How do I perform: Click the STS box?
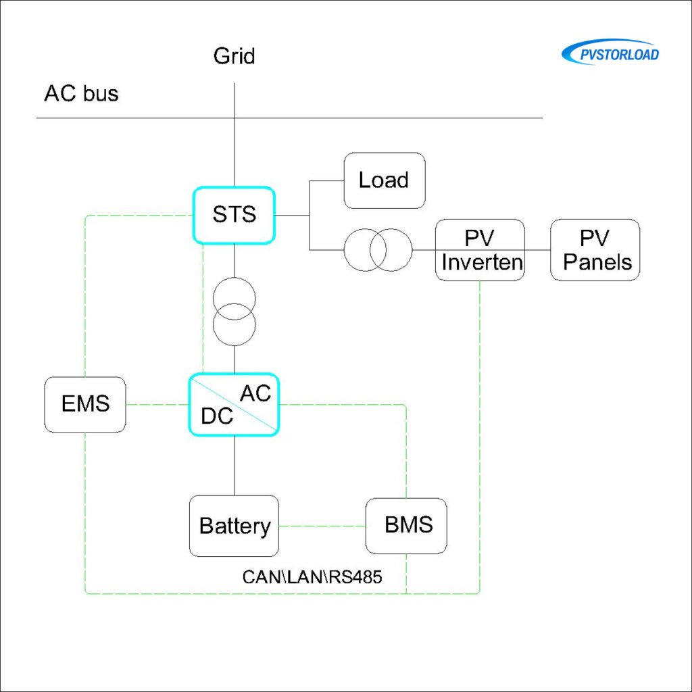point(234,215)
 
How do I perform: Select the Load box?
point(384,180)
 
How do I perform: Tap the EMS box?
point(84,404)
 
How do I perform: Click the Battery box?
point(234,526)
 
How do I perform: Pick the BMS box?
point(406,526)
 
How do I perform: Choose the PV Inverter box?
point(480,249)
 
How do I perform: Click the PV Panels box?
point(595,249)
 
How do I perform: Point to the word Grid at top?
point(234,55)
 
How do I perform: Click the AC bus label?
point(81,93)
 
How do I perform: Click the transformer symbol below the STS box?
point(234,310)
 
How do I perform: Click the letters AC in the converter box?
point(255,392)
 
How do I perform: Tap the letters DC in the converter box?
point(216,416)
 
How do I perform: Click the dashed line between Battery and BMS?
point(322,526)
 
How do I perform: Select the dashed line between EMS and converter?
point(157,405)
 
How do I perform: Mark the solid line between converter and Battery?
point(234,466)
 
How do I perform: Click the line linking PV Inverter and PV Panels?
point(538,249)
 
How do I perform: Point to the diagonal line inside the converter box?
point(234,404)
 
